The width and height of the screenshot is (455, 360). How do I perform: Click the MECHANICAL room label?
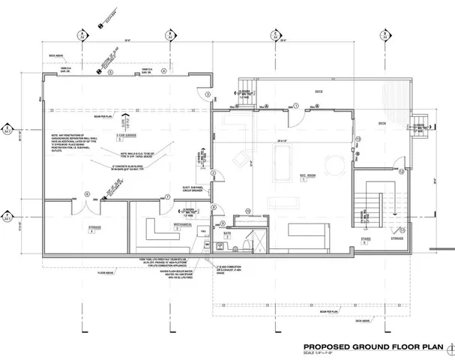162,223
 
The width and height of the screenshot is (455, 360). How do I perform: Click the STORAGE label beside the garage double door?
91,229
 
